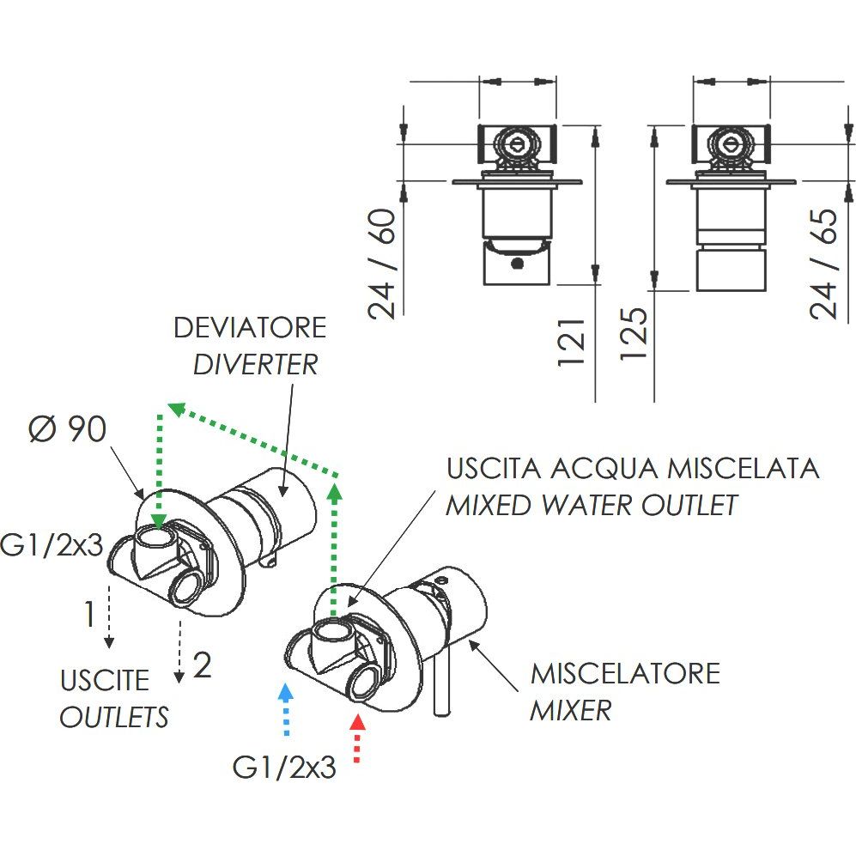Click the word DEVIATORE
(249, 328)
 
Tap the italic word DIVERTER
(255, 364)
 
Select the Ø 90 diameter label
(68, 429)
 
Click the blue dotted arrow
(286, 710)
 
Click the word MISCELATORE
(625, 673)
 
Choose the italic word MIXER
(571, 710)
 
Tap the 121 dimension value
(573, 343)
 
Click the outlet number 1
(88, 615)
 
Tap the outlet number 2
(202, 665)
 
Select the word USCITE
(105, 681)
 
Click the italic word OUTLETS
(113, 717)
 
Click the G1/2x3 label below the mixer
(284, 767)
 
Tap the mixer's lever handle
(443, 678)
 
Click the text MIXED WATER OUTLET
(592, 505)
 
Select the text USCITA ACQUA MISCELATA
(632, 469)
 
